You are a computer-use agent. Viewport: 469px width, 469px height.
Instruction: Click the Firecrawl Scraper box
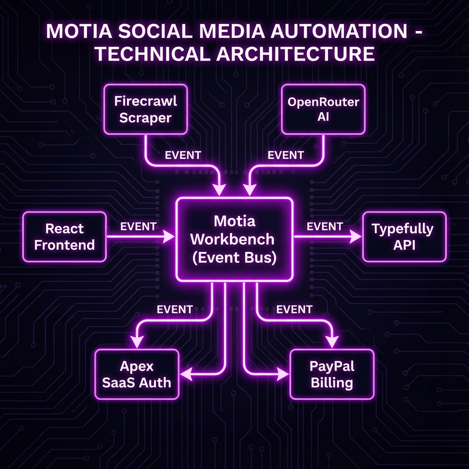(145, 109)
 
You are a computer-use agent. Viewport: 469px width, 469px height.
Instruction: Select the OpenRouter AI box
(323, 109)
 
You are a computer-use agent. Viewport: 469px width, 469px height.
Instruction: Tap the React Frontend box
(65, 236)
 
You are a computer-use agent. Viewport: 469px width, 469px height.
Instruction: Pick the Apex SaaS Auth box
(136, 374)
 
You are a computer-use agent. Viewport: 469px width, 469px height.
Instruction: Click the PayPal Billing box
(332, 374)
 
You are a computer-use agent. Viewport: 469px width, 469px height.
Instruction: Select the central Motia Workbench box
(234, 239)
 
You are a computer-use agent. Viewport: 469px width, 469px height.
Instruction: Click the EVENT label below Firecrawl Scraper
(183, 155)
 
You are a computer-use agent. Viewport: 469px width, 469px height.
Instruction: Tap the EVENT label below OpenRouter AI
(286, 155)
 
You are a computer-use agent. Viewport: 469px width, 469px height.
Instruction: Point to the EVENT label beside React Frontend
(138, 226)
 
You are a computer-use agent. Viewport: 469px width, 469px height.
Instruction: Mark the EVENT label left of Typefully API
(325, 226)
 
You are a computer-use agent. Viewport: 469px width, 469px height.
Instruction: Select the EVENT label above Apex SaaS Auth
(175, 310)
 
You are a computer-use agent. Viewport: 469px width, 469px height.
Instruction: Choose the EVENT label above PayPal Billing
(294, 310)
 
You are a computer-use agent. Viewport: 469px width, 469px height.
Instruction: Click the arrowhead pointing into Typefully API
(356, 237)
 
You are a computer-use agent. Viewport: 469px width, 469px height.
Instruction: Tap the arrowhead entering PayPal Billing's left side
(284, 375)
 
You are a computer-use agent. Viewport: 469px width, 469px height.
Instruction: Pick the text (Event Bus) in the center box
(234, 257)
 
